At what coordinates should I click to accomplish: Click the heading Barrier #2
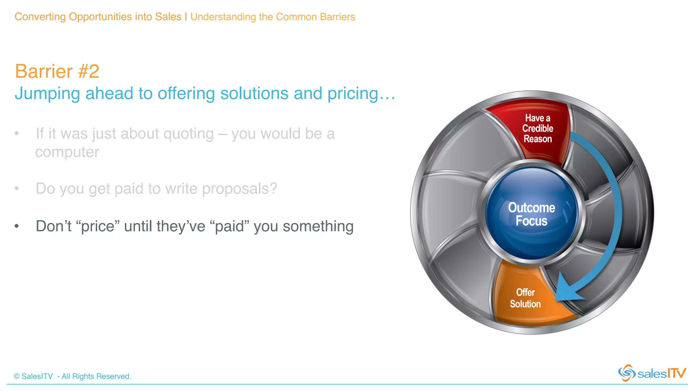(x=57, y=71)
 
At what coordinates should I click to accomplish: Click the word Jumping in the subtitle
(x=47, y=94)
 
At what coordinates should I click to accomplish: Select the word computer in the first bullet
(x=67, y=152)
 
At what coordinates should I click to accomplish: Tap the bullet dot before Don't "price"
(x=17, y=226)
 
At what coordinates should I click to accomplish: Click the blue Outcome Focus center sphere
(x=531, y=214)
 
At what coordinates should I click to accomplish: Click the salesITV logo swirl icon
(x=626, y=373)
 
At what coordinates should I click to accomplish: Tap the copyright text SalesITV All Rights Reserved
(x=72, y=376)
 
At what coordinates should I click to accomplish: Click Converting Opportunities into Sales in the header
(x=98, y=17)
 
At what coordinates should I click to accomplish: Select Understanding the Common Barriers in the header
(x=273, y=17)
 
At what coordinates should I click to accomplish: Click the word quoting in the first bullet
(x=188, y=134)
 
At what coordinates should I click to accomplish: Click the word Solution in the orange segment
(x=525, y=304)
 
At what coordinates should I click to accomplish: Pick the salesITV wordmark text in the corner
(x=662, y=373)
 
